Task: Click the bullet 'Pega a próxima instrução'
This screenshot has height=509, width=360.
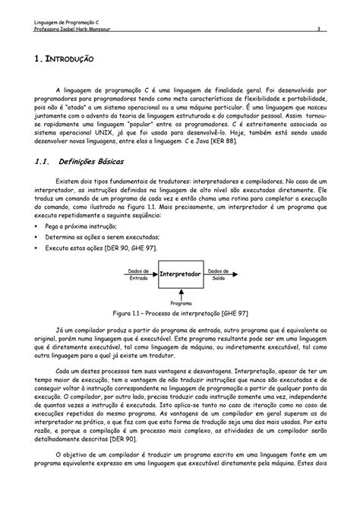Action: pyautogui.click(x=77, y=226)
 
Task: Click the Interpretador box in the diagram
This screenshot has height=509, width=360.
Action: pyautogui.click(x=180, y=272)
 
